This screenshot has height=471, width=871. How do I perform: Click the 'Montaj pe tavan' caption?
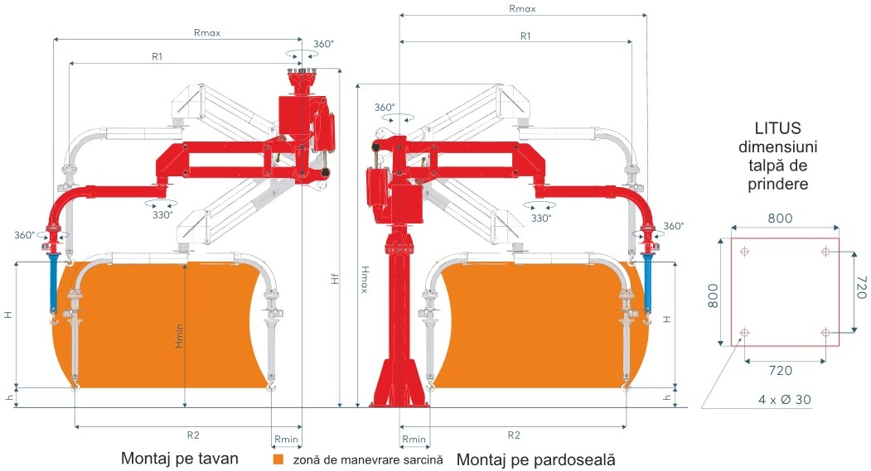pos(180,458)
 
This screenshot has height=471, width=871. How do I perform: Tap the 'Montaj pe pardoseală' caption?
pos(536,458)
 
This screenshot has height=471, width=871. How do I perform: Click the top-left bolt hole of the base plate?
pos(745,251)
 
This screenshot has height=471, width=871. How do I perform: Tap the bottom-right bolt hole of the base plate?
pos(825,333)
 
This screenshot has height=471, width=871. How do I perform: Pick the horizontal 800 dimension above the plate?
pos(780,219)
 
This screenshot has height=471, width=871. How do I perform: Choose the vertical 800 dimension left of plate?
pos(713,291)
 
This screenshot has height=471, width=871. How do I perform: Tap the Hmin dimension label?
pos(179,334)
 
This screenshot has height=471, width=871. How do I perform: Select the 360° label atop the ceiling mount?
pos(325,45)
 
